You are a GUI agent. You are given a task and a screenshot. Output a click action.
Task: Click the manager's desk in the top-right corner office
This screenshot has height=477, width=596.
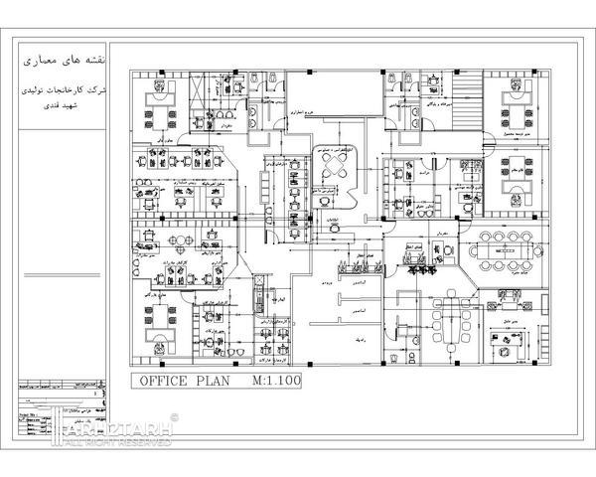click(x=518, y=100)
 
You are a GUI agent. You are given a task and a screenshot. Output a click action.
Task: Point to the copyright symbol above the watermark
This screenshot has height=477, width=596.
click(x=175, y=416)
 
